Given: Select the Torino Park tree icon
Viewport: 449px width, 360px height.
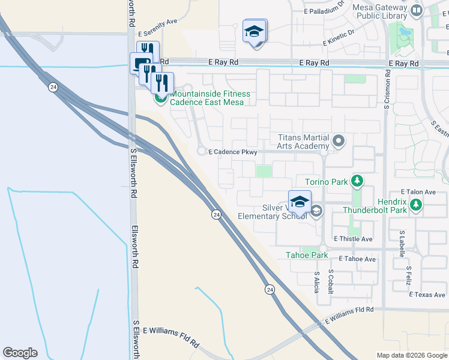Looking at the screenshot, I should [x=357, y=181].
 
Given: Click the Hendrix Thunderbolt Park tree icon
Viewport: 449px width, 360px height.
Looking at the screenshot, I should [x=416, y=206].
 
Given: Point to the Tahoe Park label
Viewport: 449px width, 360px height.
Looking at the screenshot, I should [x=307, y=255].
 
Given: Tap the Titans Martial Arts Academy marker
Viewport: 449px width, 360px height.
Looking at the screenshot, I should [x=339, y=142].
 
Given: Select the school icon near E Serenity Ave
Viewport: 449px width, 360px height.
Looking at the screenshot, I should [x=255, y=31].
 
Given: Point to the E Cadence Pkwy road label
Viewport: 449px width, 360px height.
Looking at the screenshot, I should [x=233, y=152].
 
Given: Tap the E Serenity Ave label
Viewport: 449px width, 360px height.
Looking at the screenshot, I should [x=158, y=38].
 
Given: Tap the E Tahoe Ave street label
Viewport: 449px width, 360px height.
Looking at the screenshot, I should [x=357, y=259].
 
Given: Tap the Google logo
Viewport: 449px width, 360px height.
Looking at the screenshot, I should [x=20, y=353].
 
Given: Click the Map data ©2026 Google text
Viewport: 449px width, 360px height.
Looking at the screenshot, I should [x=412, y=355].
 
